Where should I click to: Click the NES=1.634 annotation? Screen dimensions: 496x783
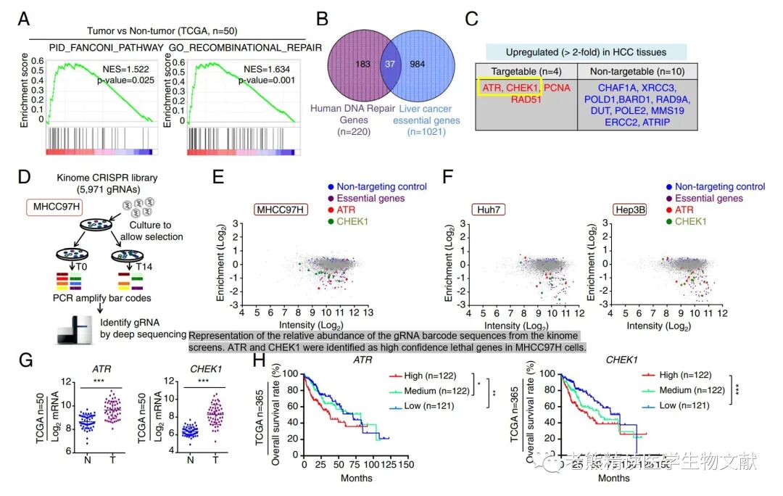(270, 71)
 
